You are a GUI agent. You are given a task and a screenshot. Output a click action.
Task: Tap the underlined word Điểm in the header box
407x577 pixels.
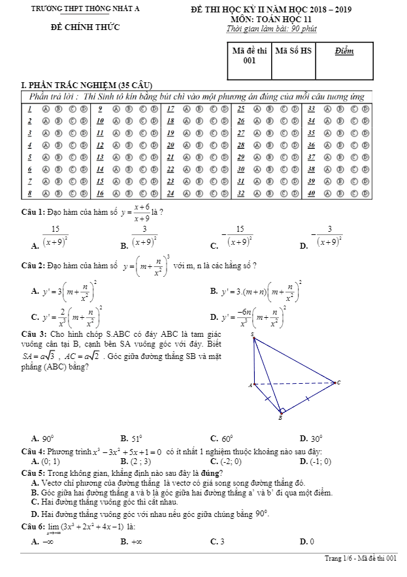pyautogui.click(x=344, y=50)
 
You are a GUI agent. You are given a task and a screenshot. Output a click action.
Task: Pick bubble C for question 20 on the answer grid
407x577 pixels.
pyautogui.click(x=211, y=145)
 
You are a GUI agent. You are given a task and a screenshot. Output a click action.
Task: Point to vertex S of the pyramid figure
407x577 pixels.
pyautogui.click(x=253, y=335)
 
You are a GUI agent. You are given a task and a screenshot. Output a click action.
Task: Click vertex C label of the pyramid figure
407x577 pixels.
pyautogui.click(x=338, y=382)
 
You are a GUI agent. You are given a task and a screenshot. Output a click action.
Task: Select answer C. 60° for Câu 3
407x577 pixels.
pyautogui.click(x=222, y=439)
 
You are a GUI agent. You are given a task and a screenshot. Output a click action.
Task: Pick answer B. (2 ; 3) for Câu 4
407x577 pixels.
pyautogui.click(x=137, y=462)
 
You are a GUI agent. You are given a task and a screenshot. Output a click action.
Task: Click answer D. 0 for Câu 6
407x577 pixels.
pyautogui.click(x=307, y=542)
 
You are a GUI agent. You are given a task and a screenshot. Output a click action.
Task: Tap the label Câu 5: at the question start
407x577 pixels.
pyautogui.click(x=33, y=473)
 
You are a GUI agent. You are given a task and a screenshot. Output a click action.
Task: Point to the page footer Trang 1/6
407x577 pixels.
pyautogui.click(x=339, y=559)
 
